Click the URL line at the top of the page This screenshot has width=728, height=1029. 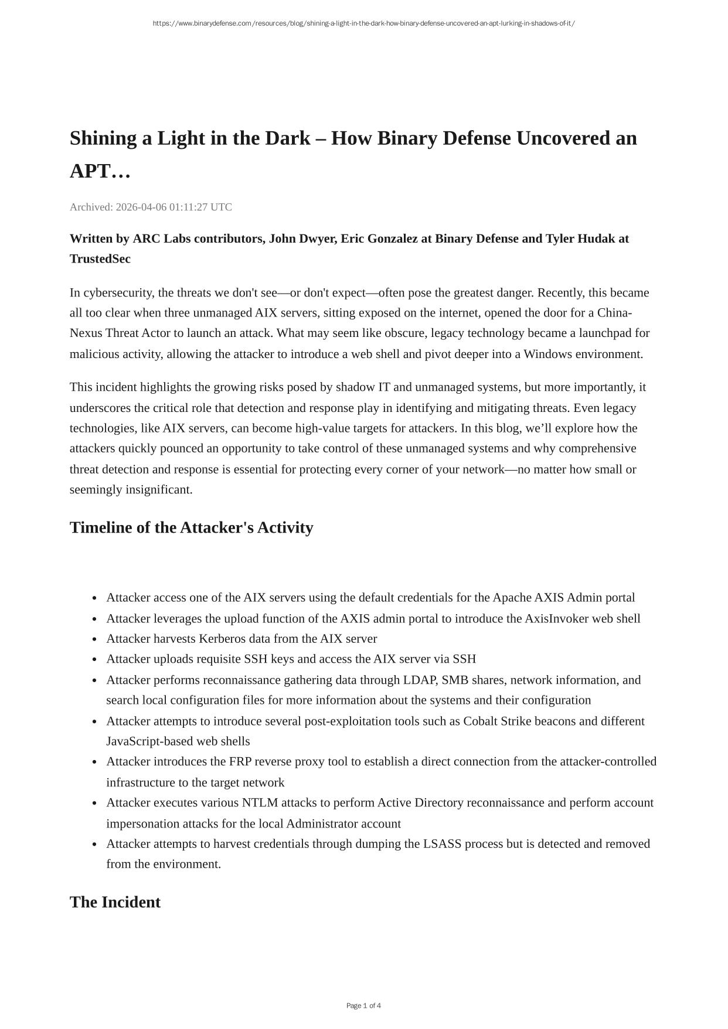pos(363,23)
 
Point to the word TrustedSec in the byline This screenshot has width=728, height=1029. pos(100,259)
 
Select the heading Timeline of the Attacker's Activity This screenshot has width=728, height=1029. pos(191,527)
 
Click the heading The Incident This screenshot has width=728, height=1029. pos(115,902)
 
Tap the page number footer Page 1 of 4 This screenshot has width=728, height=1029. pos(363,1006)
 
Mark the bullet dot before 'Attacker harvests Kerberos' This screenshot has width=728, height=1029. pos(94,639)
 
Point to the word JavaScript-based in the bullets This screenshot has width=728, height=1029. pos(149,741)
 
